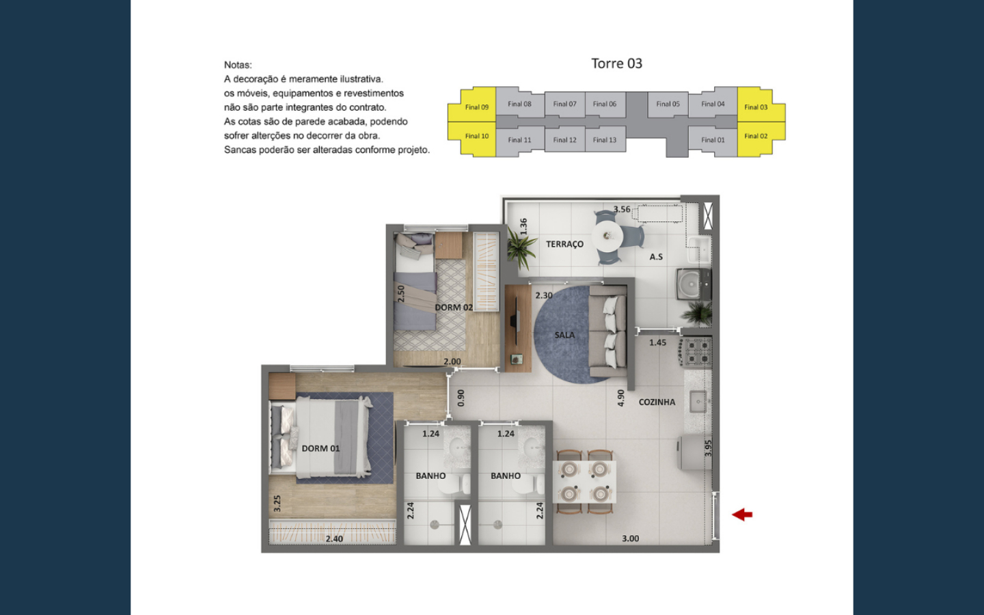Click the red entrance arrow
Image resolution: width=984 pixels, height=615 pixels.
tap(742, 515)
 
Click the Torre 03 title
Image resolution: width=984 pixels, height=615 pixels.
tap(616, 64)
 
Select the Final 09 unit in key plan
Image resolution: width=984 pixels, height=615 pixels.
tap(476, 107)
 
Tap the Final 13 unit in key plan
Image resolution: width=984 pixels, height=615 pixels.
tap(605, 140)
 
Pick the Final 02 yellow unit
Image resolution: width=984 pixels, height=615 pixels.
tap(756, 136)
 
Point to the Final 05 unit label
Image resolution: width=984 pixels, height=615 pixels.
tap(668, 104)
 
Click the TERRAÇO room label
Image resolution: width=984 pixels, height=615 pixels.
tap(564, 244)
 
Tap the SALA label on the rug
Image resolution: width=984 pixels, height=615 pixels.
tap(564, 335)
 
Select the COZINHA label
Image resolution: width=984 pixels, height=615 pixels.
tap(657, 402)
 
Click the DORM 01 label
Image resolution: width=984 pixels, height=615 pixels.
tap(320, 448)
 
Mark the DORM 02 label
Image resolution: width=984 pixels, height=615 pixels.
tap(454, 307)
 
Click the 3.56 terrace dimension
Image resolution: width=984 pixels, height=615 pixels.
tap(622, 209)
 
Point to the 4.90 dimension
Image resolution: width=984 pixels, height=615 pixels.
tap(620, 398)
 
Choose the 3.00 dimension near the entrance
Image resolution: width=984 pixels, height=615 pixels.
tap(630, 538)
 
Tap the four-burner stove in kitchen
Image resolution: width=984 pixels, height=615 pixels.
tap(698, 352)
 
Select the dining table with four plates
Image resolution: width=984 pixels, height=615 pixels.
tap(584, 481)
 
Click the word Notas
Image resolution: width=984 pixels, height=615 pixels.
tap(238, 65)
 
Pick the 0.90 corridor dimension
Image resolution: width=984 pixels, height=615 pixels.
tap(461, 398)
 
